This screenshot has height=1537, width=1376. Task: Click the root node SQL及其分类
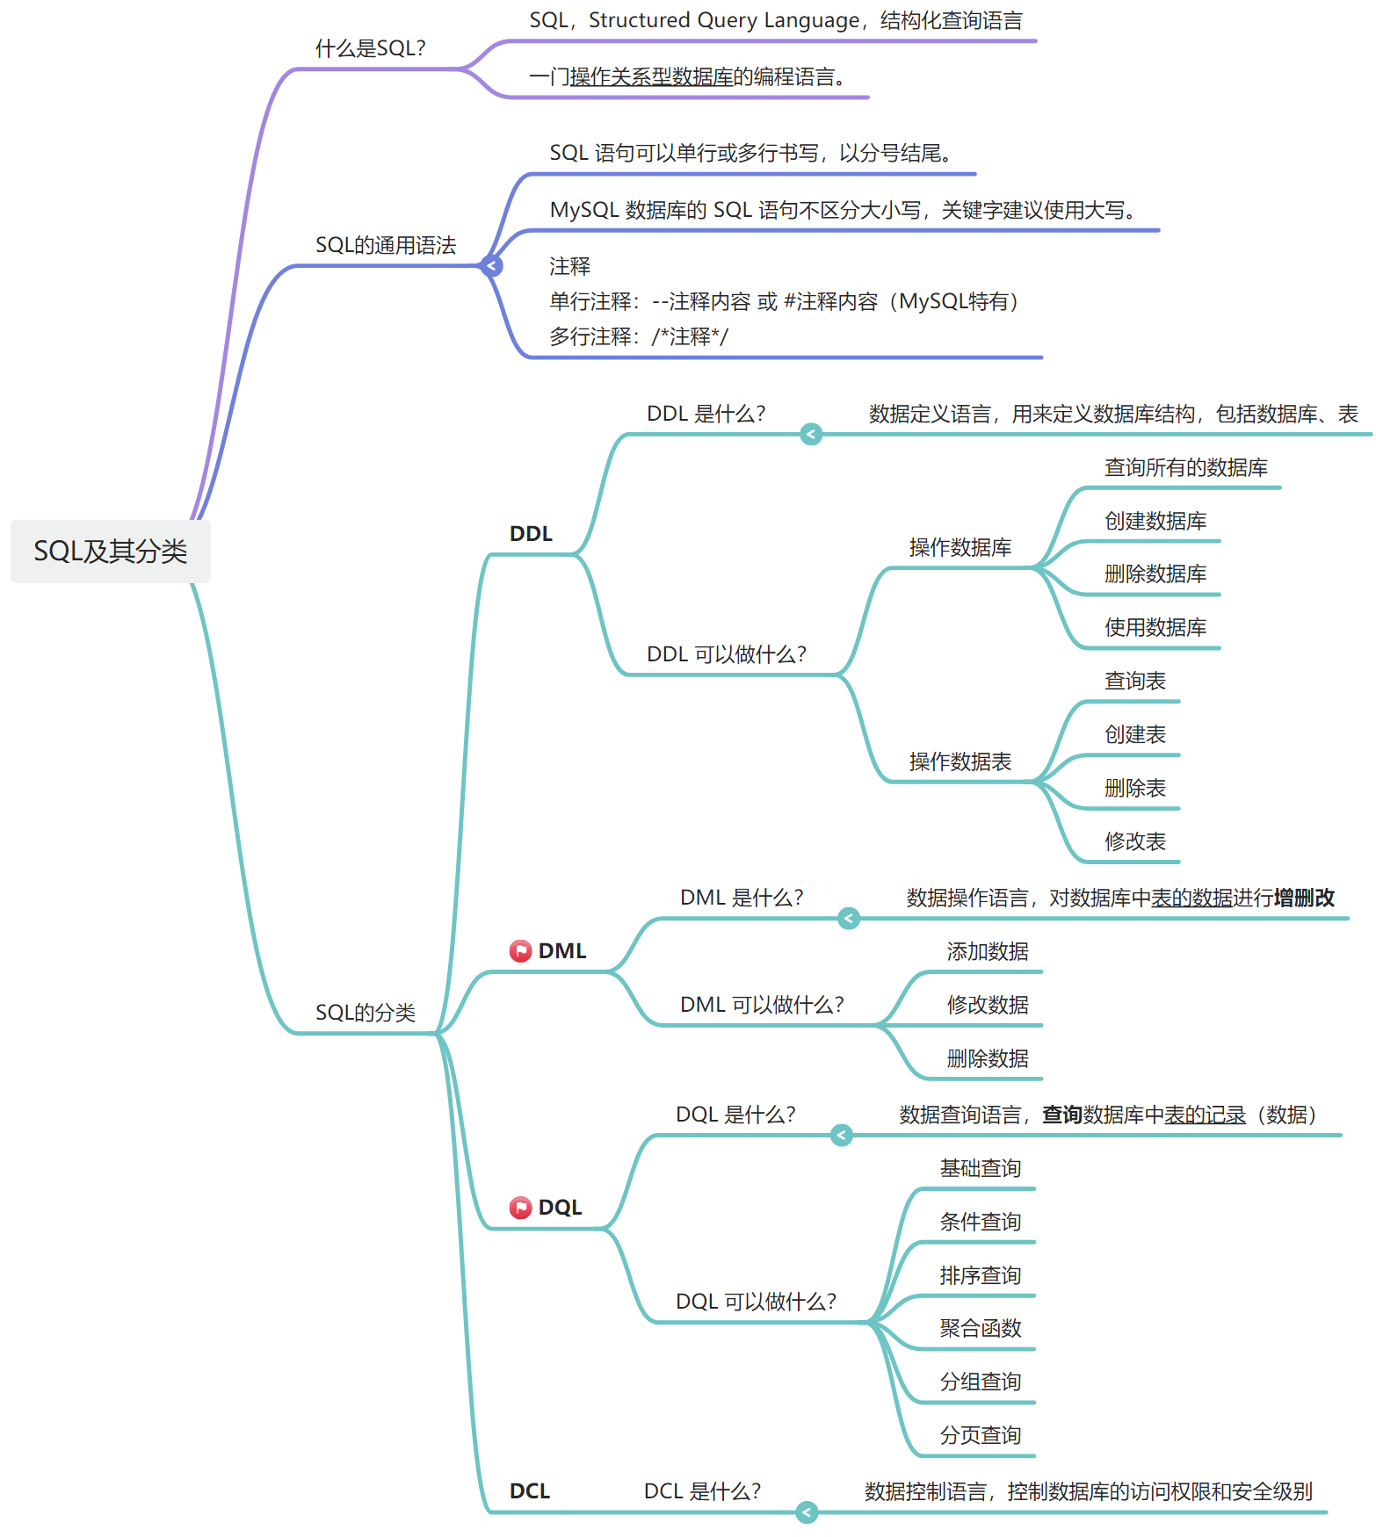click(x=111, y=552)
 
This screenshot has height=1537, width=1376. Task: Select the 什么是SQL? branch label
click(x=370, y=48)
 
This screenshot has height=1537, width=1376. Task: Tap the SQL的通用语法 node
click(x=386, y=245)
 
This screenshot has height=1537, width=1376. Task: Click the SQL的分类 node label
click(x=365, y=1013)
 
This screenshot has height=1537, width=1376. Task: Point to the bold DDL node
click(x=531, y=534)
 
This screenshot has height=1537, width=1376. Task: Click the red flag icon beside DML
click(x=520, y=950)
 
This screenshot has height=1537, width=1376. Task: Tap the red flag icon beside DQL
click(x=520, y=1208)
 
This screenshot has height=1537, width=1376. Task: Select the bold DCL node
click(x=530, y=1491)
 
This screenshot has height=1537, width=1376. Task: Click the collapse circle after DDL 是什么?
click(x=811, y=434)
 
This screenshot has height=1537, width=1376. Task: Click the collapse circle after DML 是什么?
click(x=848, y=919)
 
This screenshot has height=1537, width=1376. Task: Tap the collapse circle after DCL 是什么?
click(x=807, y=1512)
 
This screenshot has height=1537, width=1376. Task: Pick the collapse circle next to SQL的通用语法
click(x=492, y=265)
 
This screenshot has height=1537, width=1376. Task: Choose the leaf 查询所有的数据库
click(x=1185, y=467)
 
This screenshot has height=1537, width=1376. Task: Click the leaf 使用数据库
click(x=1155, y=627)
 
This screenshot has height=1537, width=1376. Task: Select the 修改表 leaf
click(x=1134, y=841)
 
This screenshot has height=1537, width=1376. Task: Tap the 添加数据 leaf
click(x=987, y=951)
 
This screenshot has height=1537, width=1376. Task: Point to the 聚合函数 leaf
click(x=980, y=1328)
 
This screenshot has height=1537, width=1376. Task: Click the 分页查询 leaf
click(x=980, y=1435)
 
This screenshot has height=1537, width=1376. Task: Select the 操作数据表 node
click(x=960, y=761)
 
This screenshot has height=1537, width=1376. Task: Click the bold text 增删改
click(x=1304, y=898)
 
